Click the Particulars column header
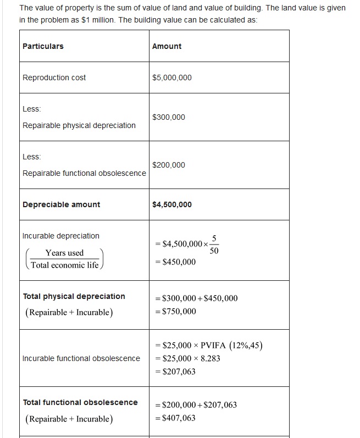click(x=43, y=46)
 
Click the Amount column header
click(x=167, y=46)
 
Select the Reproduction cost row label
click(x=54, y=77)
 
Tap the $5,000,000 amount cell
click(x=172, y=77)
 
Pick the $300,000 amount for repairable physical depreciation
click(x=169, y=117)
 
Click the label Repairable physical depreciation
click(x=79, y=125)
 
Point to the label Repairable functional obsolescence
click(x=84, y=173)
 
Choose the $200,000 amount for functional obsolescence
click(x=169, y=165)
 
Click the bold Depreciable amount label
click(x=61, y=204)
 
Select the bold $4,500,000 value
click(x=172, y=204)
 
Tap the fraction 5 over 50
click(x=214, y=244)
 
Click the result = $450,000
click(x=175, y=262)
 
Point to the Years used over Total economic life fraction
click(x=65, y=259)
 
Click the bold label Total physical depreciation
click(x=74, y=296)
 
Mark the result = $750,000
click(x=175, y=312)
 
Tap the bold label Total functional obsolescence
click(x=80, y=402)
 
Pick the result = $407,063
click(x=175, y=418)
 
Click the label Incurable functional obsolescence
click(x=81, y=358)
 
